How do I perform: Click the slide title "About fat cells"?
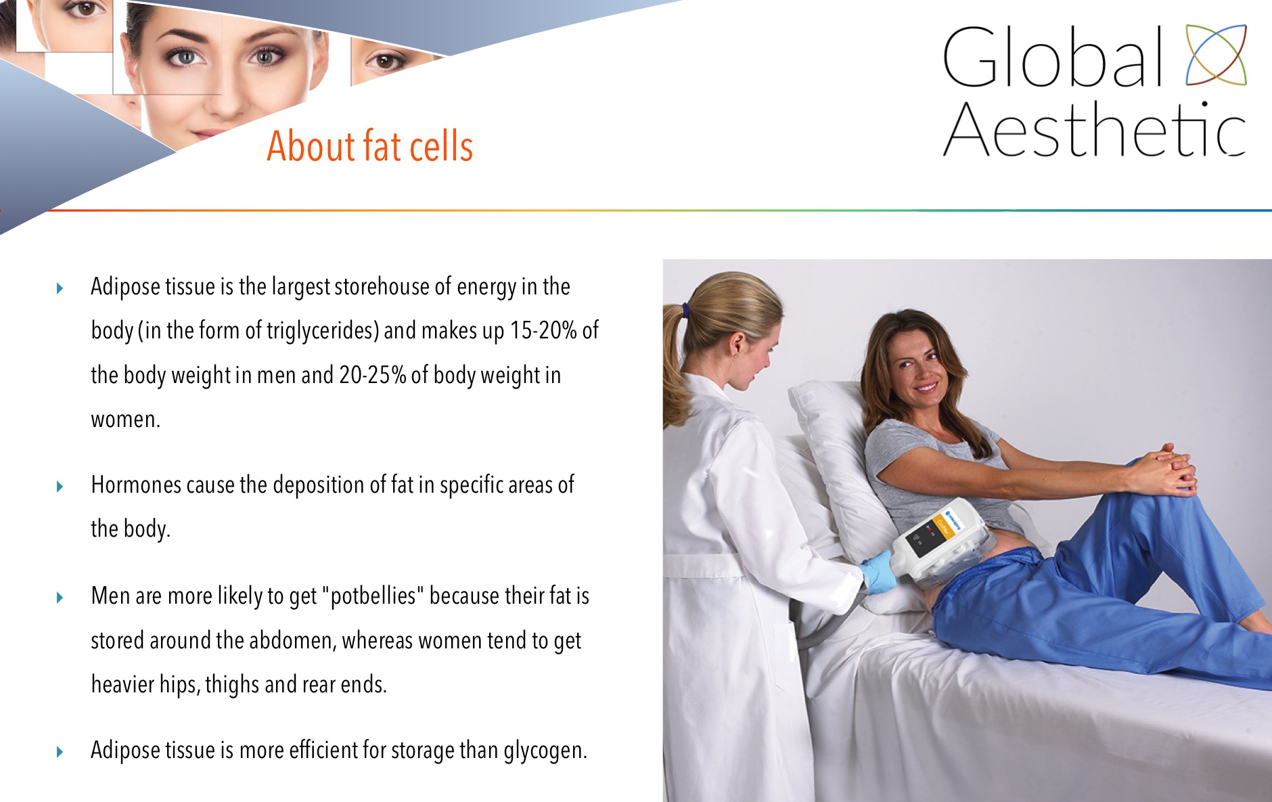click(369, 146)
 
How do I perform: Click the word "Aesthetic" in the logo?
click(1094, 129)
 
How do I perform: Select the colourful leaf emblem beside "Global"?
click(1216, 55)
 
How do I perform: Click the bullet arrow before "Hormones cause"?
click(60, 487)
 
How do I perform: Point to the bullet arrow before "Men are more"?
click(60, 598)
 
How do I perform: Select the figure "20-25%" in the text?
click(372, 375)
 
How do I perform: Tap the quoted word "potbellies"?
click(373, 596)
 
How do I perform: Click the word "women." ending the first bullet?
click(126, 420)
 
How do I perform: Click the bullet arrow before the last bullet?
click(60, 752)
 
